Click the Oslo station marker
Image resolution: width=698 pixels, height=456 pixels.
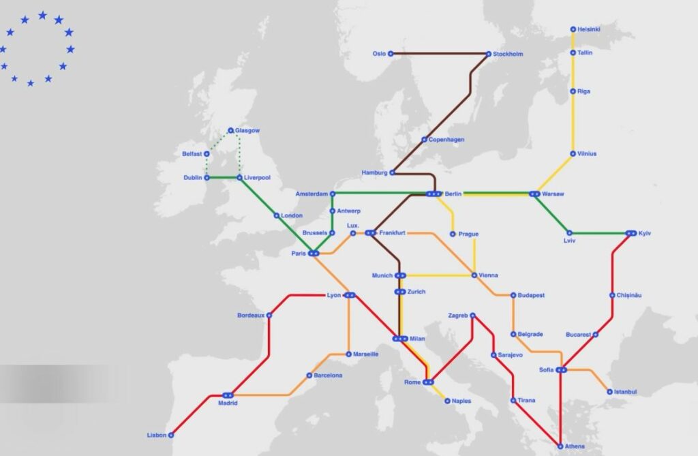391,54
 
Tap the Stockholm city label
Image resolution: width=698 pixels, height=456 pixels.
508,54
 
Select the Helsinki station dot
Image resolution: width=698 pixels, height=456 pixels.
573,29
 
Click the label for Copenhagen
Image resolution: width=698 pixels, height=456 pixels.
446,140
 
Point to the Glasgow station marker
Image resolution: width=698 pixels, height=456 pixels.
230,130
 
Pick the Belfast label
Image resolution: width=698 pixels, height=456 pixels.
192,154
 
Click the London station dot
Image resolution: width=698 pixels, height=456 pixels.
276,215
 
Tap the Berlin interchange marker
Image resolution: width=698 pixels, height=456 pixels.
434,194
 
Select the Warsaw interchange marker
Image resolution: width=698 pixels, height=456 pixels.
534,194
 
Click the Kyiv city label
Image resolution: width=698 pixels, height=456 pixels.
645,234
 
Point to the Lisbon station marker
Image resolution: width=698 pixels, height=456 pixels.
171,435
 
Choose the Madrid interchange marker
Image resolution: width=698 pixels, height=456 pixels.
228,395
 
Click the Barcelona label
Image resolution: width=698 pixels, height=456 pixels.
328,376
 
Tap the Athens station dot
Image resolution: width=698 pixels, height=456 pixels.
560,446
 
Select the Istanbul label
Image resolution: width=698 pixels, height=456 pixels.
625,392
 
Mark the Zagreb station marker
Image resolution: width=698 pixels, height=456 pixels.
472,315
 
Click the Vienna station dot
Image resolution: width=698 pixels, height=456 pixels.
474,275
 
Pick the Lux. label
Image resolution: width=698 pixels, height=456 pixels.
352,225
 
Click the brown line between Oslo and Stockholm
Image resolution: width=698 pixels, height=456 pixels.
440,54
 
